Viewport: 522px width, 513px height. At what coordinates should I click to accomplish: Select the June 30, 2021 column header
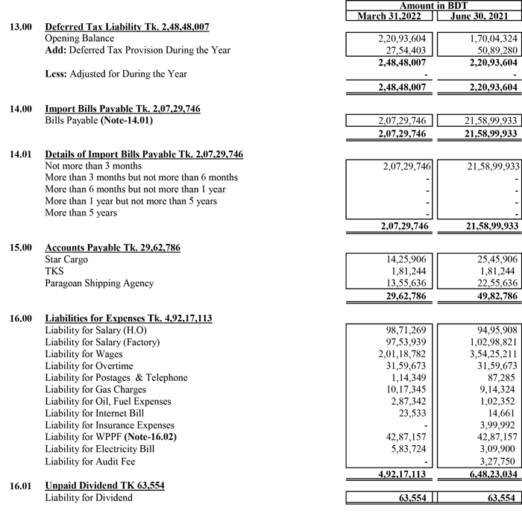point(477,16)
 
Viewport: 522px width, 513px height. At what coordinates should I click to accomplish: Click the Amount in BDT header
point(433,6)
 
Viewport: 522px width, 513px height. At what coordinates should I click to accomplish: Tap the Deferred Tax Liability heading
point(127,27)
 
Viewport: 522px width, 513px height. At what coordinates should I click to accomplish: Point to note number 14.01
point(20,154)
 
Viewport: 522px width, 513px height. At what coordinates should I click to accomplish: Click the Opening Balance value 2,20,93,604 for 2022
point(401,38)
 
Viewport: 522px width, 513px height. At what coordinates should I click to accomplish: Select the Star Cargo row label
point(66,259)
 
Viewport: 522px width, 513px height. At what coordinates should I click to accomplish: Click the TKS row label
point(54,271)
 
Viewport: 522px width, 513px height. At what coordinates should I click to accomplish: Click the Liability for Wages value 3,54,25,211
point(489,354)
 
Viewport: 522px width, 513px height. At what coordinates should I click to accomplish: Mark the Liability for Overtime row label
point(89,366)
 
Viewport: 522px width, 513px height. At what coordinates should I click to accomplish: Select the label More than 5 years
point(81,213)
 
